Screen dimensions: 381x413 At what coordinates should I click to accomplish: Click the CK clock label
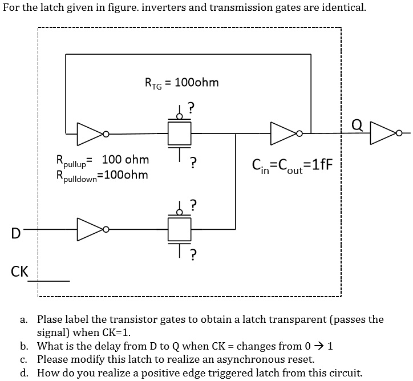point(20,270)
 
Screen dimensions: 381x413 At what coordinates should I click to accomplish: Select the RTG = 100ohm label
point(182,83)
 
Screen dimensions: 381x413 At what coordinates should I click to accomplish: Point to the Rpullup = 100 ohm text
point(103,160)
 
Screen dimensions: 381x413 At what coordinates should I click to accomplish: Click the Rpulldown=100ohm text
point(103,175)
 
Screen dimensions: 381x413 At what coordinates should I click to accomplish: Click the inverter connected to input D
point(91,230)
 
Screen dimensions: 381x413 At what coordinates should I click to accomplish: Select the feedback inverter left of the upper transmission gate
point(91,134)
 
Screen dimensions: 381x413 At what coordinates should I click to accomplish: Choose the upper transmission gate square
point(180,134)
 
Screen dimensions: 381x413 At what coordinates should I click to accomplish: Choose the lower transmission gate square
point(180,230)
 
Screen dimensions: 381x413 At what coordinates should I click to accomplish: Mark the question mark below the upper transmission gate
point(194,163)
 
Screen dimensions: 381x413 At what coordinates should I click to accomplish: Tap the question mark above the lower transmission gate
point(194,204)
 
